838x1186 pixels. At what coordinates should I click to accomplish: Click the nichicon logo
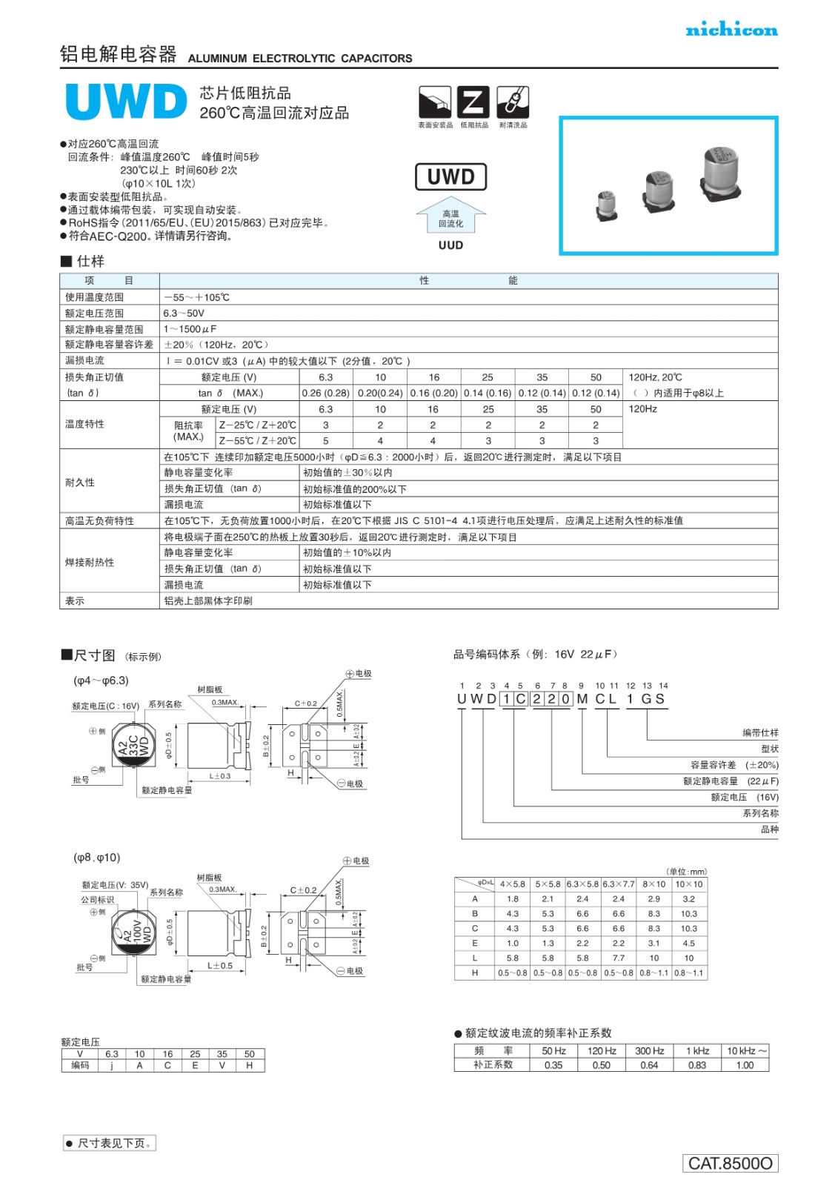pyautogui.click(x=731, y=30)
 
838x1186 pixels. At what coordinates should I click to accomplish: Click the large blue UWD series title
pyautogui.click(x=126, y=102)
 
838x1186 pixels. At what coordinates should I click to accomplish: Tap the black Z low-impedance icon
pyautogui.click(x=473, y=102)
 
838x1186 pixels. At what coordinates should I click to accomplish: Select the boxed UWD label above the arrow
pyautogui.click(x=450, y=177)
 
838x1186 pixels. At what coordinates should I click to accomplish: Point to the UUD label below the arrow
pyautogui.click(x=450, y=245)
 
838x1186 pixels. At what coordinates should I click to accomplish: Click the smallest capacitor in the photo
pyautogui.click(x=607, y=205)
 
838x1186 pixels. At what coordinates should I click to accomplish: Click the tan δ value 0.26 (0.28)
pyautogui.click(x=325, y=393)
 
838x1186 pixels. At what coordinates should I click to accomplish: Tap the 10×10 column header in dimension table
pyautogui.click(x=689, y=884)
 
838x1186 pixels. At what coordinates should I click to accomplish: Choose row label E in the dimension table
pyautogui.click(x=475, y=944)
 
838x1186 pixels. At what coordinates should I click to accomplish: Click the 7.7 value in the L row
pyautogui.click(x=619, y=958)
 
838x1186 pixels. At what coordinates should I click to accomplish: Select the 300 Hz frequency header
pyautogui.click(x=649, y=1051)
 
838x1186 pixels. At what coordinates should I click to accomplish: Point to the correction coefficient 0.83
pyautogui.click(x=696, y=1065)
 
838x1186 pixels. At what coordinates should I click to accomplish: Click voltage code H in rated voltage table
pyautogui.click(x=250, y=1065)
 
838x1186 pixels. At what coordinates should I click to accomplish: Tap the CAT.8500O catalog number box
pyautogui.click(x=730, y=1163)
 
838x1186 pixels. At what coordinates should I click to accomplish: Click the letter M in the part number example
pyautogui.click(x=582, y=699)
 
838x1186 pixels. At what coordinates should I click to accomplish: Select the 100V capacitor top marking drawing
pyautogui.click(x=133, y=931)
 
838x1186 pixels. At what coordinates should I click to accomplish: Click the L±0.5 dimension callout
pyautogui.click(x=220, y=966)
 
